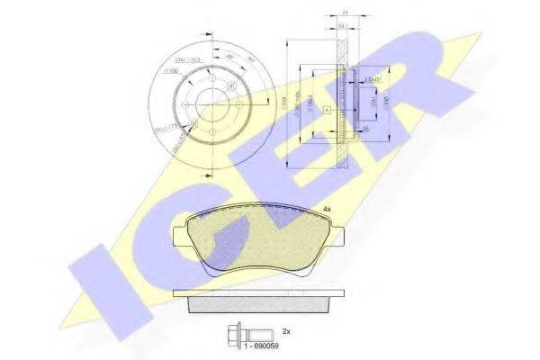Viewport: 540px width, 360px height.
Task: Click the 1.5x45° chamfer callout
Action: (x=368, y=79)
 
